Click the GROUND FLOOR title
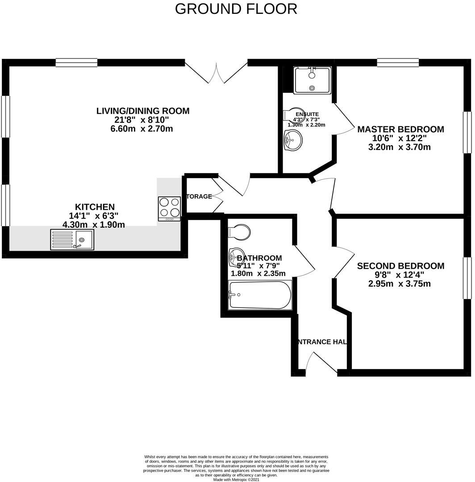236,8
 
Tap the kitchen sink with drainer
72,240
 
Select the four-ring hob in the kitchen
169,208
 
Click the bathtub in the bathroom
259,295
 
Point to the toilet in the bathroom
239,232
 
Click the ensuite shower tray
312,80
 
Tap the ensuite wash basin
292,140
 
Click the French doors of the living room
216,72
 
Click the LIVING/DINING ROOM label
143,111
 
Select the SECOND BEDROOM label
400,266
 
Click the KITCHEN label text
95,207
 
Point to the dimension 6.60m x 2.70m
142,129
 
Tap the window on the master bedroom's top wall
398,63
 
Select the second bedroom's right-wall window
467,278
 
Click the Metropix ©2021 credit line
236,480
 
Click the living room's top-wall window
76,63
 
